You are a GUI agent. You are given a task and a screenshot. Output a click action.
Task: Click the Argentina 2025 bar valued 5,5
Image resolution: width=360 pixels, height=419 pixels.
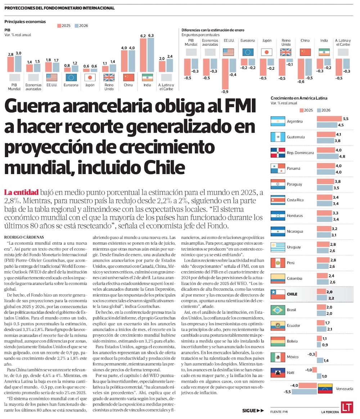pyautogui.click(x=329, y=119)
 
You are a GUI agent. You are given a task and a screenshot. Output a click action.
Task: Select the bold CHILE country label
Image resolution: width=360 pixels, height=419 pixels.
pyautogui.click(x=292, y=294)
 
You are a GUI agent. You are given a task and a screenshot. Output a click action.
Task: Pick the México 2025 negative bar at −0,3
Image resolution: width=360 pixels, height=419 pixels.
pyautogui.click(x=316, y=354)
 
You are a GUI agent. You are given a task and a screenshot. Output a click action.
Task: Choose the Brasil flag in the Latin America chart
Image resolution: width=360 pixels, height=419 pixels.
pyautogui.click(x=278, y=310)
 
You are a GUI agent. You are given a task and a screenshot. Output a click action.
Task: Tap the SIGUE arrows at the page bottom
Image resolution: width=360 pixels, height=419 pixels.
pyautogui.click(x=253, y=411)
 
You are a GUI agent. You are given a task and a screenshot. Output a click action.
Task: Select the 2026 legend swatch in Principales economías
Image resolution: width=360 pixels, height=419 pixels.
pyautogui.click(x=77, y=26)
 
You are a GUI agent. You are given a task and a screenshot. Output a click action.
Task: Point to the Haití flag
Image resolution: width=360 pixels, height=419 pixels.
pyautogui.click(x=278, y=373)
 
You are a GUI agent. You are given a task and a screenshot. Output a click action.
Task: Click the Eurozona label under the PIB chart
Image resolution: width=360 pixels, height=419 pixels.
pyautogui.click(x=71, y=85)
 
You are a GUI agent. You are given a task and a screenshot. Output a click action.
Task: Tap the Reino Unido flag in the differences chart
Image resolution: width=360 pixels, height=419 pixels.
pyautogui.click(x=285, y=52)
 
